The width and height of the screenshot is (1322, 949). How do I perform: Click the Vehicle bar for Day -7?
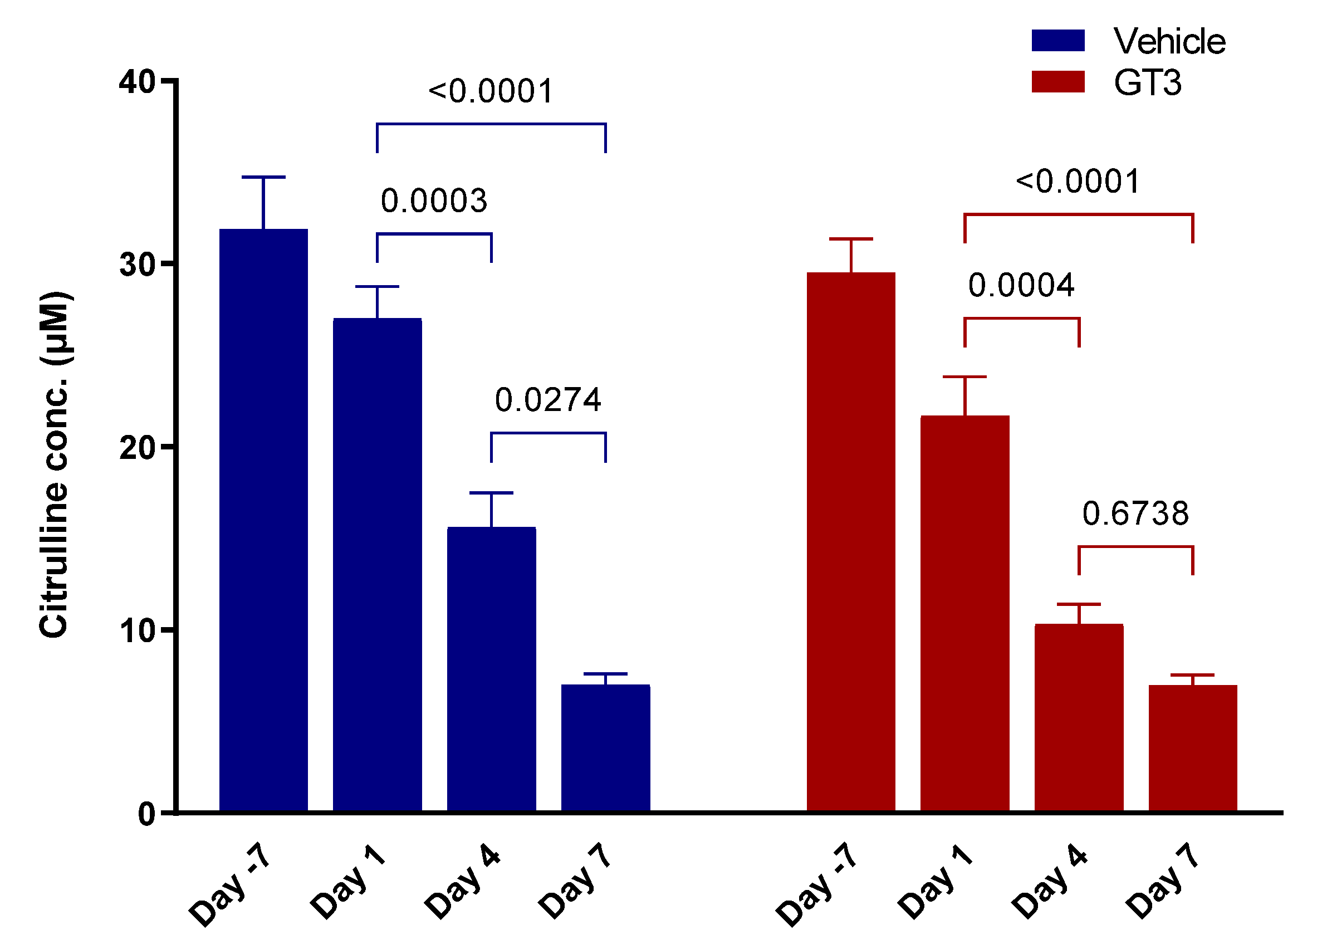263,519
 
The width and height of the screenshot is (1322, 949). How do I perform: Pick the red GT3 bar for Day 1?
964,613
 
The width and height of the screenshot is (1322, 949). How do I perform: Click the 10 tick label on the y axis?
137,632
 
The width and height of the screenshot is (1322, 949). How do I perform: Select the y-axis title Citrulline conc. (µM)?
53,464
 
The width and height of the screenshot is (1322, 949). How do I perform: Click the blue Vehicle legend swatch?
1057,40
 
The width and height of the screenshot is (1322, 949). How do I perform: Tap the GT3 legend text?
1147,83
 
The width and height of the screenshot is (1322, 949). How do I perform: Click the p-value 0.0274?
547,400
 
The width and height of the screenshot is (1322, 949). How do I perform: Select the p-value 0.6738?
1135,514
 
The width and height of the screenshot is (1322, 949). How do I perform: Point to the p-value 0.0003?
434,201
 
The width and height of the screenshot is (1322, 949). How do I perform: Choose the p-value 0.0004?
1021,286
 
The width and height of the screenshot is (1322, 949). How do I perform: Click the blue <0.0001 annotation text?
490,91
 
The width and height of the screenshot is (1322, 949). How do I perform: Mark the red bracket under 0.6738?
1135,547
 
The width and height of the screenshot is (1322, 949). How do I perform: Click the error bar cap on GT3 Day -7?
850,239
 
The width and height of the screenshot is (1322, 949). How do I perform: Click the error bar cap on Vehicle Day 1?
377,287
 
